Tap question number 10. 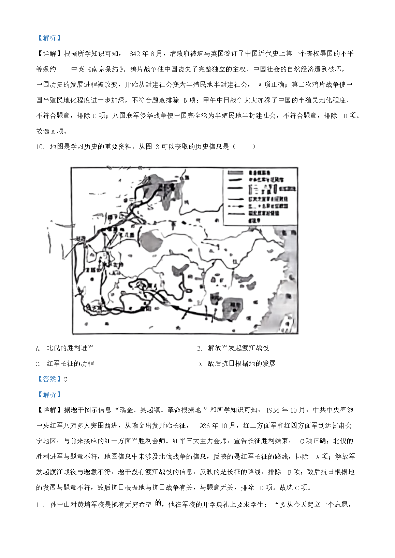pyautogui.click(x=40, y=147)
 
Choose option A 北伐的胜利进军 pyautogui.click(x=70, y=348)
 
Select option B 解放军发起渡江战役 pyautogui.click(x=238, y=348)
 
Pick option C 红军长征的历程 pyautogui.click(x=70, y=363)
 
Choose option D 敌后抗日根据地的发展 pyautogui.click(x=242, y=363)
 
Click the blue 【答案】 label pyautogui.click(x=49, y=379)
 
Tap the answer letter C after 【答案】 pyautogui.click(x=65, y=379)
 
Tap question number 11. pyautogui.click(x=40, y=505)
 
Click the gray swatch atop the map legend pyautogui.click(x=235, y=173)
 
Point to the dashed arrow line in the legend pyautogui.click(x=235, y=206)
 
